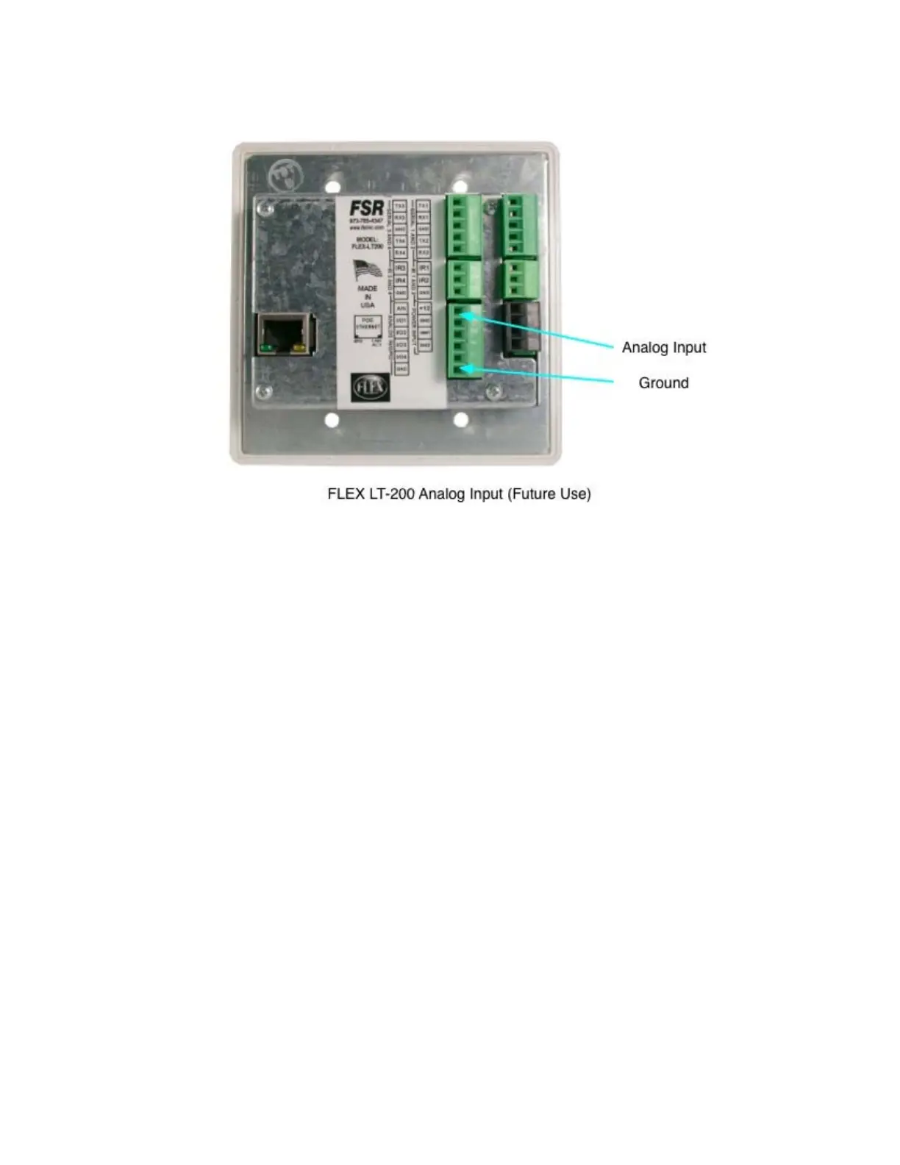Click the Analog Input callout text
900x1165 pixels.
(x=663, y=347)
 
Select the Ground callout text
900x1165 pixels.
(x=663, y=382)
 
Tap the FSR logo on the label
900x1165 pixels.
(x=366, y=209)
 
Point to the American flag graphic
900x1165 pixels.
(x=367, y=270)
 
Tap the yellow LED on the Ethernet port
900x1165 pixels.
(x=299, y=346)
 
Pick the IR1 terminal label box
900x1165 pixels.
(x=424, y=268)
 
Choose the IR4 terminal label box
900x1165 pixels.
(x=401, y=281)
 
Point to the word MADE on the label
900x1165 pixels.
(x=367, y=289)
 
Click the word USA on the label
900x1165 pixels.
(x=367, y=304)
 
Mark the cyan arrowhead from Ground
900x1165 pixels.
(x=464, y=368)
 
